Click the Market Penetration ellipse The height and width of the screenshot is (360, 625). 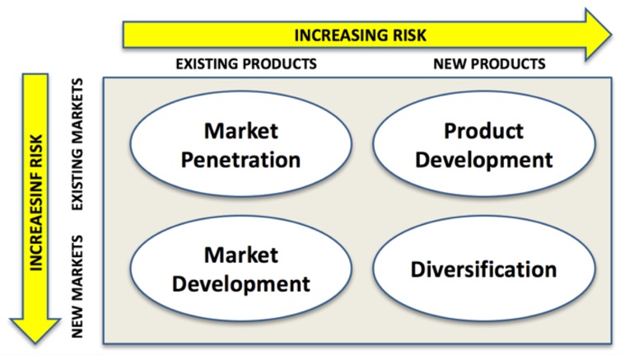(x=241, y=143)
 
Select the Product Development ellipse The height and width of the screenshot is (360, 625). (x=484, y=143)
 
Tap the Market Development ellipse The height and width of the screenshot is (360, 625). (x=241, y=268)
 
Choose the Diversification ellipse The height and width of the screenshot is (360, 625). (x=484, y=268)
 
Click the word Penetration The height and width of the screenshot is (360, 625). (x=240, y=160)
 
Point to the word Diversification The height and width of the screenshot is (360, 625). (x=483, y=269)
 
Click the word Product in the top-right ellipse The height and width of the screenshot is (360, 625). (x=483, y=131)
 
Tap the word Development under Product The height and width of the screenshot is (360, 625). (x=484, y=161)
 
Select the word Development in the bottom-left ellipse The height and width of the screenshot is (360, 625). (x=241, y=285)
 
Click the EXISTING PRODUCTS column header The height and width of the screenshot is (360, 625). (x=246, y=63)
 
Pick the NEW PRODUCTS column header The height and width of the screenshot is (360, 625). (x=489, y=63)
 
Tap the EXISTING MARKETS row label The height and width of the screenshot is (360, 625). (x=77, y=144)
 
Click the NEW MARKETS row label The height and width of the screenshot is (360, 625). (x=77, y=286)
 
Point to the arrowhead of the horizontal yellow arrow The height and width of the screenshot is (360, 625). (x=598, y=35)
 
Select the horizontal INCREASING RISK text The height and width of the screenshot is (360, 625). (x=361, y=35)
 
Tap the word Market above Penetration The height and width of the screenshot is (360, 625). (x=241, y=131)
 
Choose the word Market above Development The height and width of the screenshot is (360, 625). (x=241, y=255)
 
